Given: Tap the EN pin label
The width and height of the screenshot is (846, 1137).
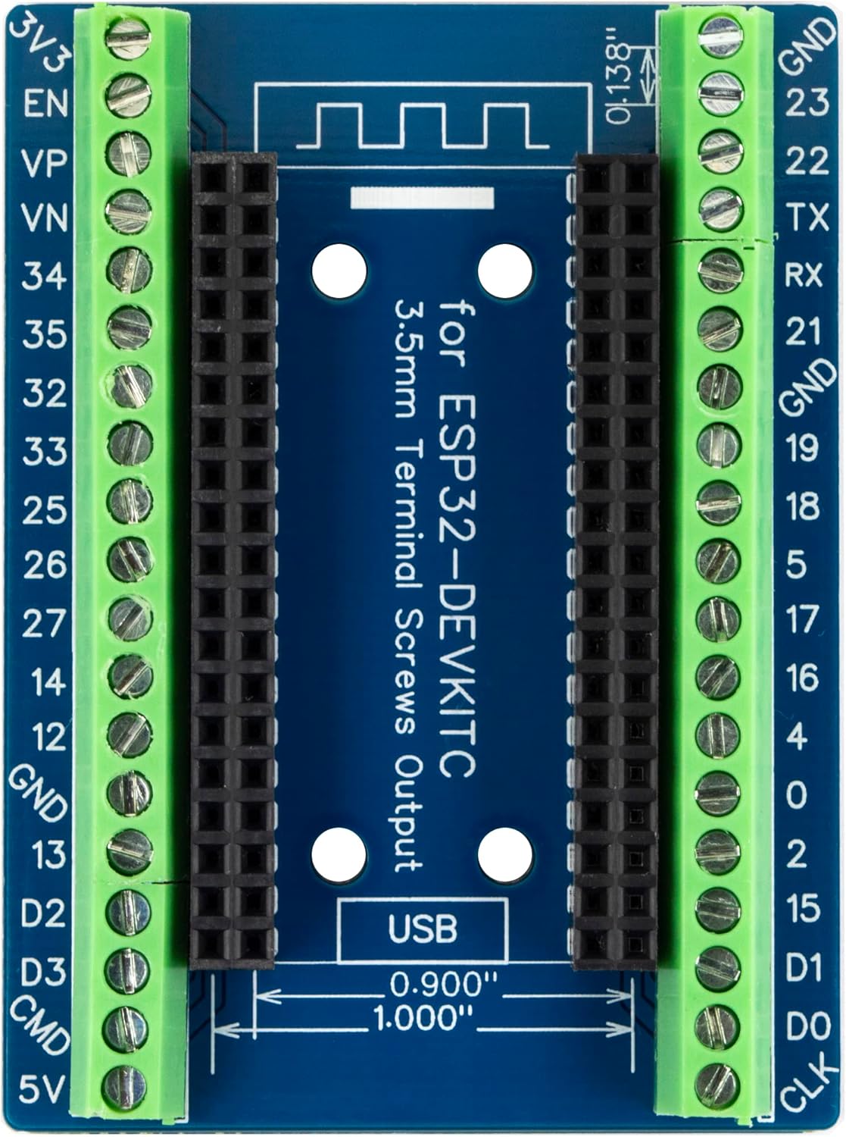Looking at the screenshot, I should pos(46,103).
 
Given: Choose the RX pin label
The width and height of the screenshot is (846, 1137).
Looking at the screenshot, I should pos(804,275).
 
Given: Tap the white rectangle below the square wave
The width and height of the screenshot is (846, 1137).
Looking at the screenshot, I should pos(423,199).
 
